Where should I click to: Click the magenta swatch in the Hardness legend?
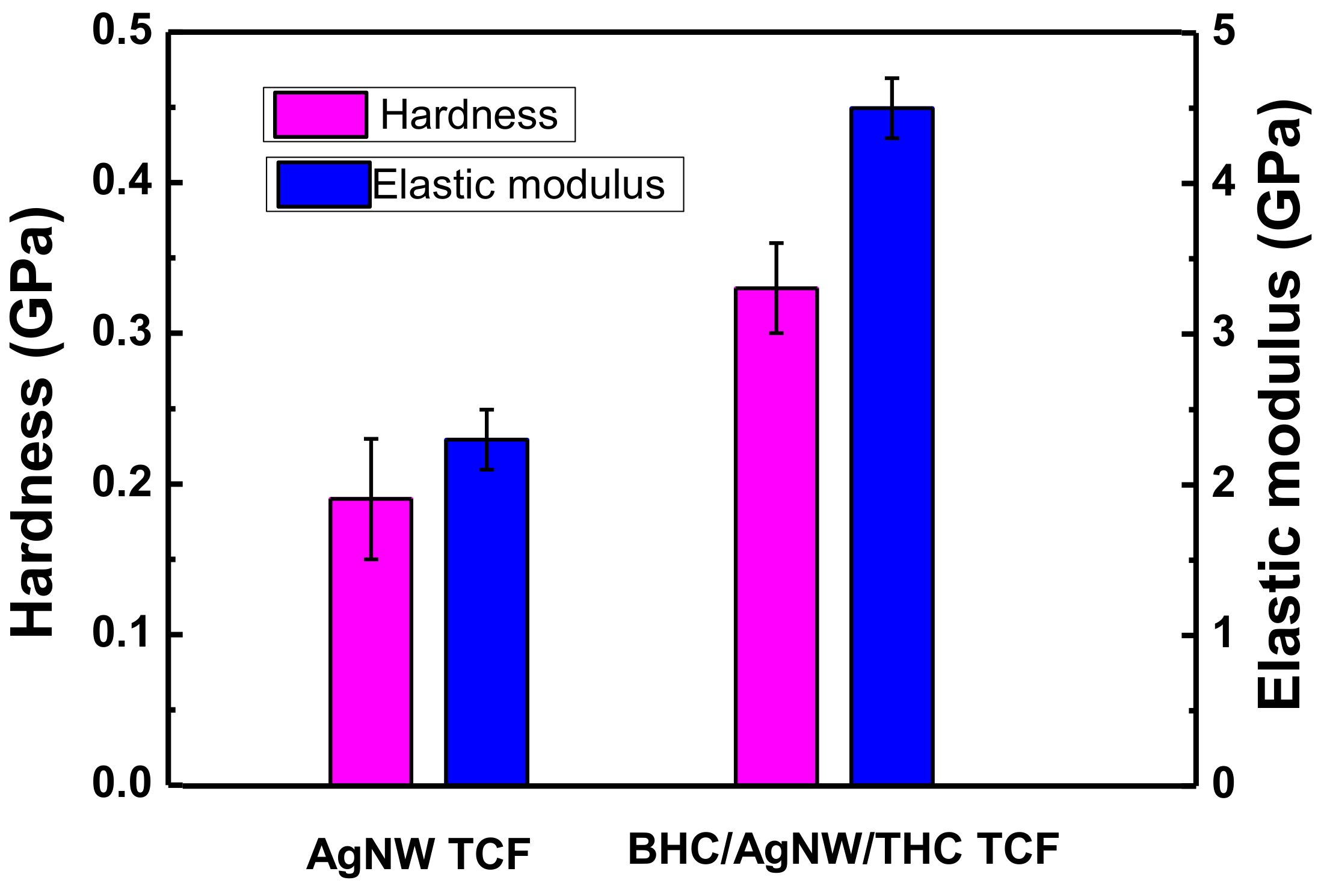[x=320, y=114]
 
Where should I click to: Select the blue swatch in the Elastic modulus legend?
[x=324, y=184]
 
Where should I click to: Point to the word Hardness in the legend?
[x=469, y=114]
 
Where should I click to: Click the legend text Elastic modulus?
[x=519, y=184]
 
